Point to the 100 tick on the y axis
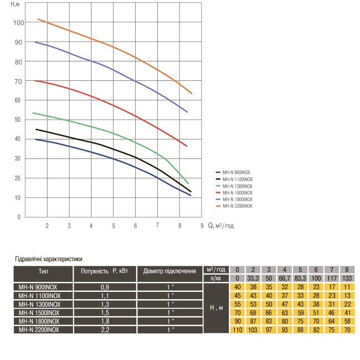coord(18,23)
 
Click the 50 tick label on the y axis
coord(18,120)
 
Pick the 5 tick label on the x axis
coord(114,226)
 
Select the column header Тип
coord(47,272)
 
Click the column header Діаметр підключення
coord(169,272)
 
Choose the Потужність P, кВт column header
coord(105,272)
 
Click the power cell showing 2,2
coord(105,330)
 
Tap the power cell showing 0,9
coord(105,287)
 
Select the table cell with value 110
coord(238,330)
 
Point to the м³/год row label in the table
coord(216,269)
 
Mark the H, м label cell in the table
coord(216,307)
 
